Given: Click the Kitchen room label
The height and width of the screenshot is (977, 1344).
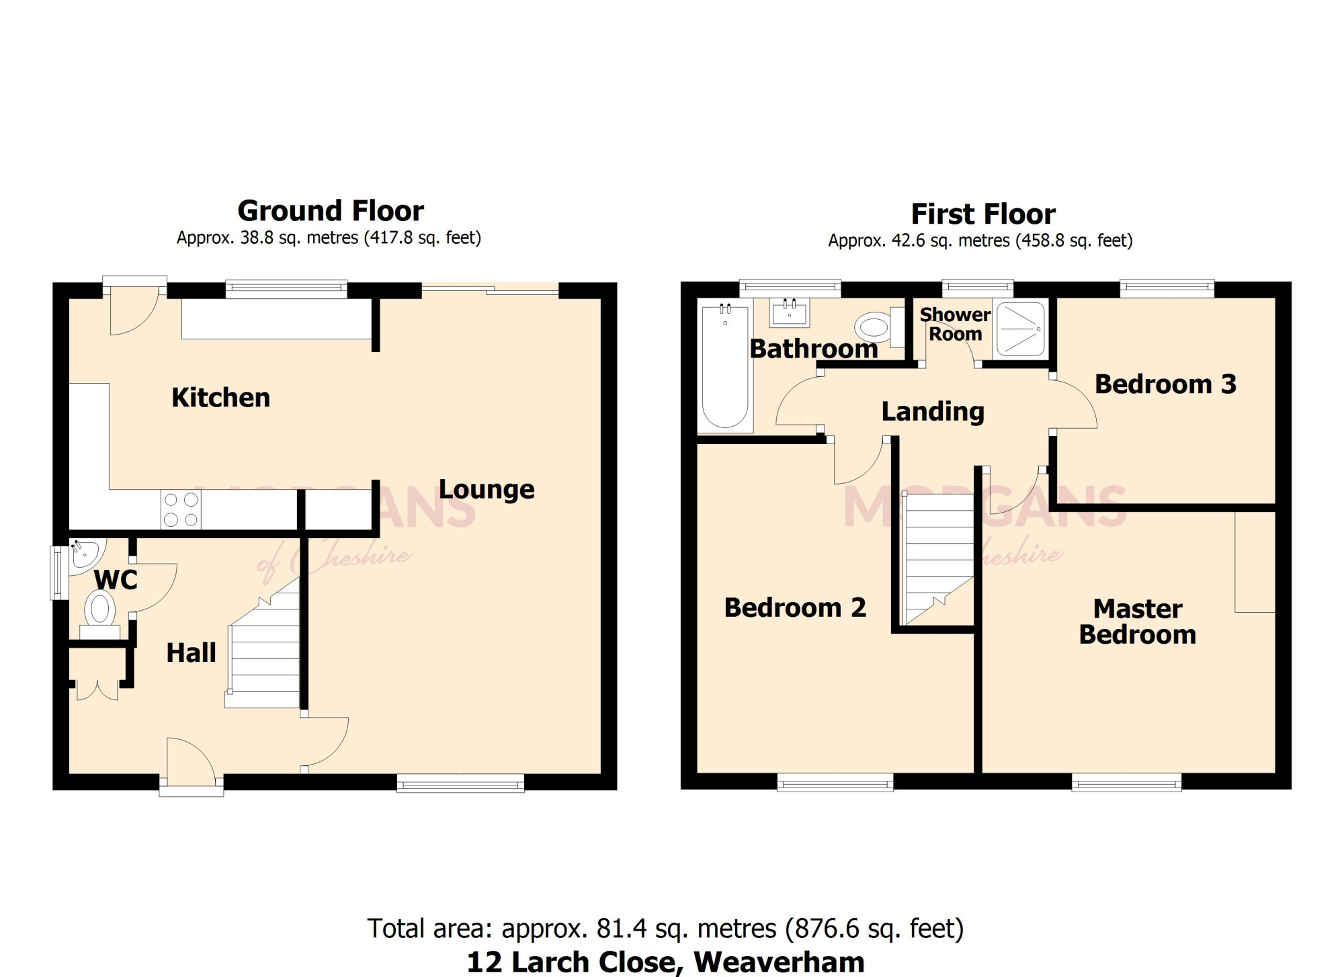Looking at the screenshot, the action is pos(220,398).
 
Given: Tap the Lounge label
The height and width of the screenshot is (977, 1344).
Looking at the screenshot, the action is pos(487,490).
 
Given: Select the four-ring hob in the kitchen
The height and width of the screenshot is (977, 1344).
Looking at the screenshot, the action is pos(181,509).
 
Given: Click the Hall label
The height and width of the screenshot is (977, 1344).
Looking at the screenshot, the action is pos(191,652).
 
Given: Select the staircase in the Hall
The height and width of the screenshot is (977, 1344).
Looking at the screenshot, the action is pos(263,643).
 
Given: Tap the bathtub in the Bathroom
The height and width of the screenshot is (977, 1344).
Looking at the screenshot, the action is pos(724,366).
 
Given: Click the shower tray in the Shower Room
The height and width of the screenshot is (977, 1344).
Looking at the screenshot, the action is pos(1020,329).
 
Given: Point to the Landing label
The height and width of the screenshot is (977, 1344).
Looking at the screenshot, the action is pos(933,412).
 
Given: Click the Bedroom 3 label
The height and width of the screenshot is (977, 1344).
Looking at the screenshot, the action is pos(1165,384).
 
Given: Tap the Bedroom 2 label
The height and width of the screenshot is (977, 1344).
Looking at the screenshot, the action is pos(795,607).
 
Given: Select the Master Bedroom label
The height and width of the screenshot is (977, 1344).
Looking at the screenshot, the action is pos(1138,622).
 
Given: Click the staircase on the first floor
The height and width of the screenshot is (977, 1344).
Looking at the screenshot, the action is pos(938,559).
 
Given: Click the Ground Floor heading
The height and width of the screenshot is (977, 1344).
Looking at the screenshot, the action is pos(331,211).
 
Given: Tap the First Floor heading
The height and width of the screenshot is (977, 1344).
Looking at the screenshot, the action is pos(983,214).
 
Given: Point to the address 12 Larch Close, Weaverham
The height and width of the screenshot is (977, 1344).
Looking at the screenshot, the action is pos(665,962).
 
